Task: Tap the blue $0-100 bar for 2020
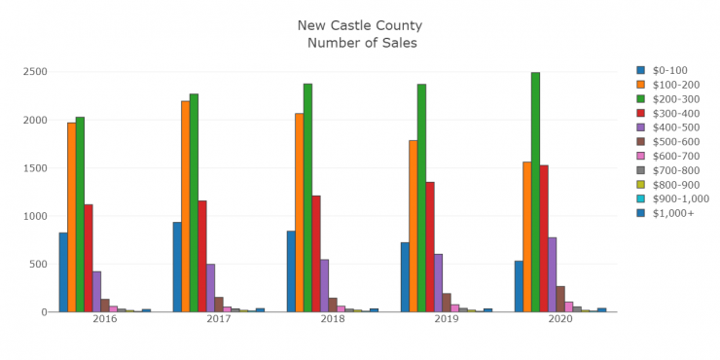point(519,286)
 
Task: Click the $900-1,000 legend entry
point(672,198)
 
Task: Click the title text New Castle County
point(360,25)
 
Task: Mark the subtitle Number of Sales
point(361,43)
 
